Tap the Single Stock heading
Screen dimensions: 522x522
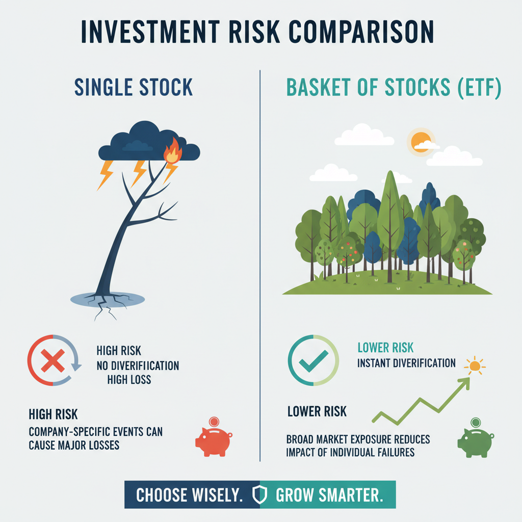click(x=134, y=87)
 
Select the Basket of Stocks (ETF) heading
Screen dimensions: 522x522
click(x=394, y=87)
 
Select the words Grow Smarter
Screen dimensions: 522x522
click(x=329, y=494)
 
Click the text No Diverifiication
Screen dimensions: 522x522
click(x=138, y=366)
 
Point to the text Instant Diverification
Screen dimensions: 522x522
click(x=406, y=363)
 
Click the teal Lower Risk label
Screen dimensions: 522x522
click(x=385, y=348)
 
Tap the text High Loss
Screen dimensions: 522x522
click(x=129, y=379)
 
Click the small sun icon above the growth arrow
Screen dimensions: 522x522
click(x=475, y=365)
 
